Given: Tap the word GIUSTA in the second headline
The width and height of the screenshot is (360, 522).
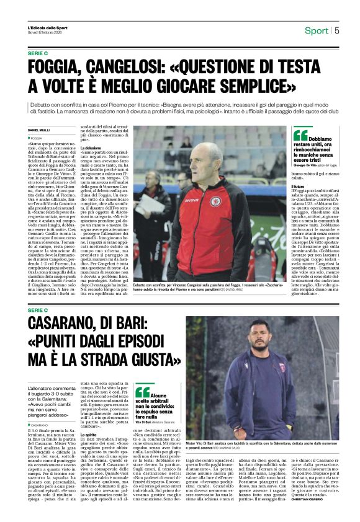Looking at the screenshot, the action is pos(137,358).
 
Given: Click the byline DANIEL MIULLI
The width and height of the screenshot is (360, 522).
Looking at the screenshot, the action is pos(39,130).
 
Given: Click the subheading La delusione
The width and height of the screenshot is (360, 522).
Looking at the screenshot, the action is pos(91,148).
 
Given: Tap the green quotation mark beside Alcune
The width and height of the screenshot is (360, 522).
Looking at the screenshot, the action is pos(142,391).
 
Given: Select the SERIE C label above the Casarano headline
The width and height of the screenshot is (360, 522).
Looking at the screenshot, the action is pos(38,309).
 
